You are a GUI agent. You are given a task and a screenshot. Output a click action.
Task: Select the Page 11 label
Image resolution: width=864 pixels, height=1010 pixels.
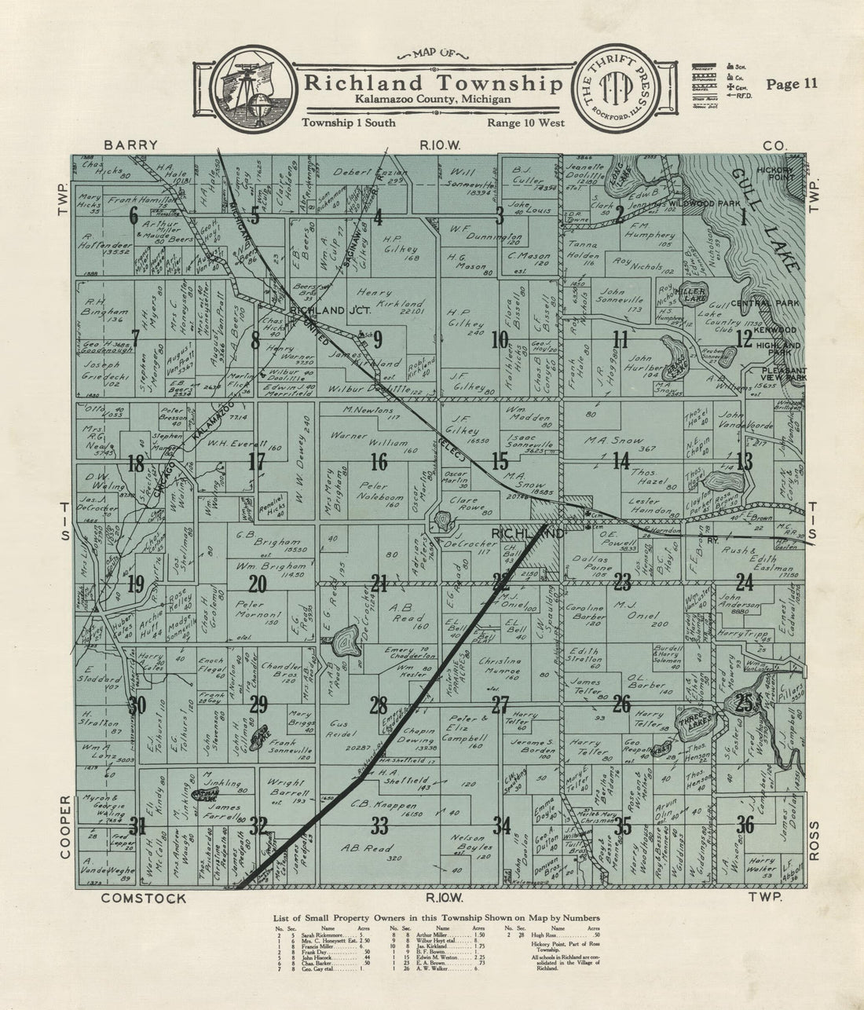click(x=792, y=85)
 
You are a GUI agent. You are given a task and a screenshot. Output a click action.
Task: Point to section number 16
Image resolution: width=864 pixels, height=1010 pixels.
click(x=379, y=461)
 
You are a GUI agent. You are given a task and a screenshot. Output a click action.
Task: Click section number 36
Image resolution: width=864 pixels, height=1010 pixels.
click(x=745, y=825)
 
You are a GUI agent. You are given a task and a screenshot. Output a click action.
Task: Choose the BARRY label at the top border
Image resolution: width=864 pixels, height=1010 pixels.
click(x=130, y=145)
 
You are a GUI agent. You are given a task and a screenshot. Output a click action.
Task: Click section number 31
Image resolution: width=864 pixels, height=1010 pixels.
click(x=137, y=826)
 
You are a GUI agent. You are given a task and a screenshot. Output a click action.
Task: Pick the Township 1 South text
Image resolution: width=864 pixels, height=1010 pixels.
click(x=348, y=123)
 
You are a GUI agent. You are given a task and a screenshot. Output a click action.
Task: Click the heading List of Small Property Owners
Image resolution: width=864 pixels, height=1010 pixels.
click(x=436, y=917)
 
